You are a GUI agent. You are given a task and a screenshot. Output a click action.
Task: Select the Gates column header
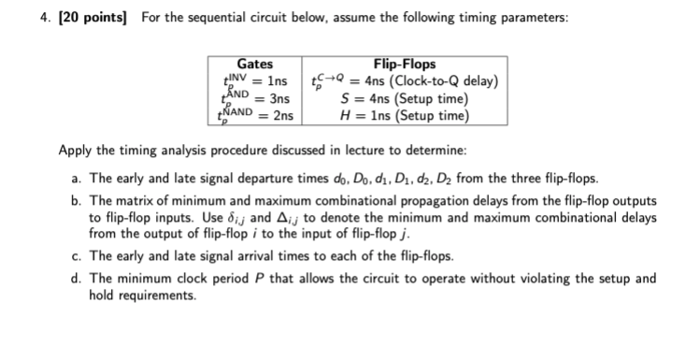[255, 65]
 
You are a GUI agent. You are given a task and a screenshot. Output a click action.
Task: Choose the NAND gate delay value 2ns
[281, 116]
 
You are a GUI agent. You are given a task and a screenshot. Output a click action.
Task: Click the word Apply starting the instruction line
[75, 151]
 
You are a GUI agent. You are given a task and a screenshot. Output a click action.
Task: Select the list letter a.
[75, 178]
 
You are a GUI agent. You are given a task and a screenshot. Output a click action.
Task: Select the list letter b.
[75, 201]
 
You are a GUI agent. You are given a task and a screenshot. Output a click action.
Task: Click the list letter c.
[75, 255]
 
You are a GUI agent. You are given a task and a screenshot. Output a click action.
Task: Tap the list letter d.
[75, 279]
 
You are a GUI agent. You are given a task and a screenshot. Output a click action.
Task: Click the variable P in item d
[235, 279]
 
